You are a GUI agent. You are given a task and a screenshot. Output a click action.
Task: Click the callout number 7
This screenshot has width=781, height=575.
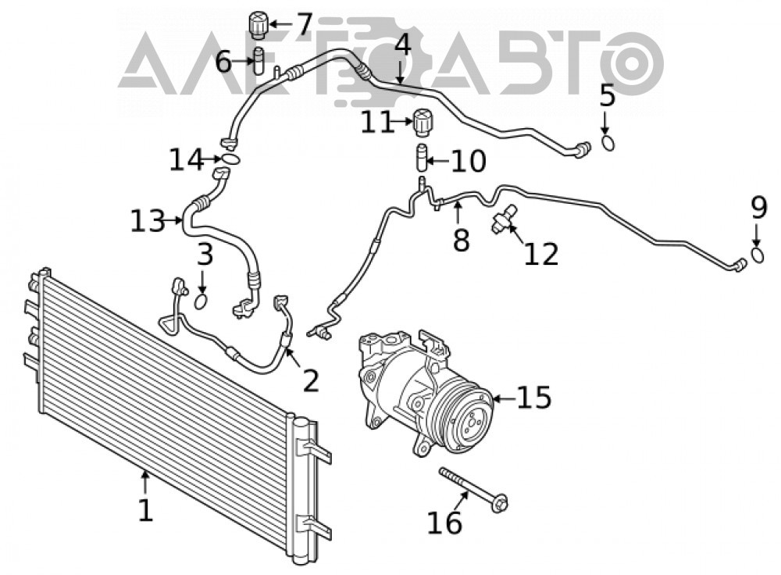pyautogui.click(x=304, y=24)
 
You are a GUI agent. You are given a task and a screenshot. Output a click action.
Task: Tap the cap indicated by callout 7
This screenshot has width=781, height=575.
pyautogui.click(x=258, y=26)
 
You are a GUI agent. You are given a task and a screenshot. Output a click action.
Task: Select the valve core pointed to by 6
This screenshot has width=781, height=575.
pyautogui.click(x=259, y=61)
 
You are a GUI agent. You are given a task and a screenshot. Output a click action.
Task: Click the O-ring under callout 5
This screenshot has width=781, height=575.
pyautogui.click(x=608, y=144)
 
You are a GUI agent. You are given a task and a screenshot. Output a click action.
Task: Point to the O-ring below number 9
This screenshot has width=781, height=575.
pyautogui.click(x=758, y=255)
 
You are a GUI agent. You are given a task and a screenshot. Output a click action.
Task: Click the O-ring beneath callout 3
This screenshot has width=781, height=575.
pyautogui.click(x=201, y=301)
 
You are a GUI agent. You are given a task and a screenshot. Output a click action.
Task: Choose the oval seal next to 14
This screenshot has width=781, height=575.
pyautogui.click(x=231, y=159)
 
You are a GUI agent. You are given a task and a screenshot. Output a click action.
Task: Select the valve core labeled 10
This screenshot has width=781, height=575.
pyautogui.click(x=423, y=157)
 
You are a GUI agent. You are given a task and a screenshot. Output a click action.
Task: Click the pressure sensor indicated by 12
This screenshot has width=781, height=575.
pyautogui.click(x=504, y=218)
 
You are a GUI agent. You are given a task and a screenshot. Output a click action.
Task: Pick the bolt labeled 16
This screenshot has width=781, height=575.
pyautogui.click(x=474, y=491)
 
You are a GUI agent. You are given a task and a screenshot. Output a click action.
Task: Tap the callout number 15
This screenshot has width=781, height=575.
pyautogui.click(x=533, y=398)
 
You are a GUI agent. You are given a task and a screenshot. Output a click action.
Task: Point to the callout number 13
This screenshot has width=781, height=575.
pyautogui.click(x=148, y=221)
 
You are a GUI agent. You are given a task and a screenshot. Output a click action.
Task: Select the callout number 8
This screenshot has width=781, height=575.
pyautogui.click(x=462, y=241)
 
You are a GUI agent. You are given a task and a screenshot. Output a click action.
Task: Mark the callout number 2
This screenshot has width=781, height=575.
pyautogui.click(x=310, y=380)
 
